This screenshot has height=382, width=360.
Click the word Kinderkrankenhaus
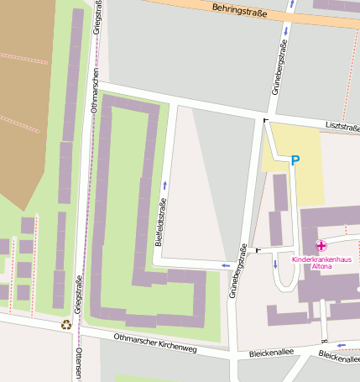coord(321,260)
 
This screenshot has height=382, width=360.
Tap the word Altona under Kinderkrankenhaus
coord(321,268)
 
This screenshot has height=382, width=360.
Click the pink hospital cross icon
coord(321,246)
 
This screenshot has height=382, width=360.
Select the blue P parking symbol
coord(295,160)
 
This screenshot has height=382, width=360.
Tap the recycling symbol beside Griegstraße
coord(66,324)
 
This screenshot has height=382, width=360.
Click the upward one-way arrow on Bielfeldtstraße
coord(164,184)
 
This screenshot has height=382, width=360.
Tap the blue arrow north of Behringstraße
coord(291,4)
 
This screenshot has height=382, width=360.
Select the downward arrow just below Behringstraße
coord(287,31)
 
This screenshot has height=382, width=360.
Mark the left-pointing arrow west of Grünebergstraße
coord(225,266)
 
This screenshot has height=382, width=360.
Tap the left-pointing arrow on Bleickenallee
coord(340,344)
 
